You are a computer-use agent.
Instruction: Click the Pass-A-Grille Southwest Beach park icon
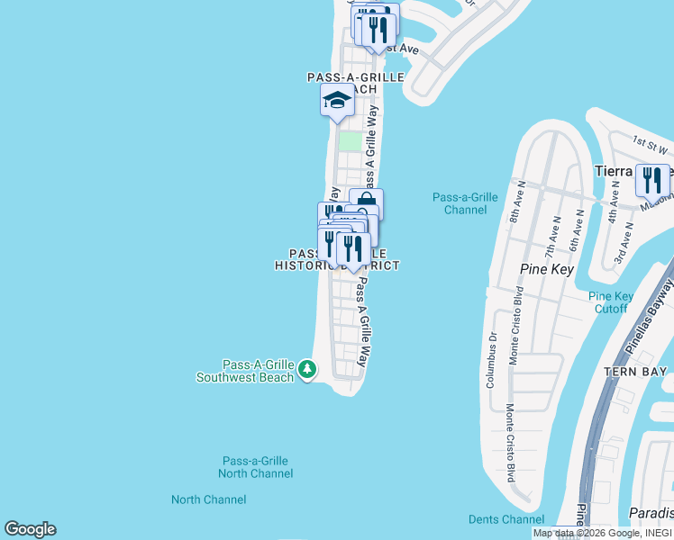[307, 369]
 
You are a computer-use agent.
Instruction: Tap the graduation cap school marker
[337, 101]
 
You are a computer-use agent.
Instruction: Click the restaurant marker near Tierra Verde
[652, 180]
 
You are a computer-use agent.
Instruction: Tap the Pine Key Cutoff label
[611, 302]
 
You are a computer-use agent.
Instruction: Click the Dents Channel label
[506, 519]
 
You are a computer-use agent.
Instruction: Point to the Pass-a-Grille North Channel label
[256, 466]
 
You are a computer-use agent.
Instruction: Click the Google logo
[30, 529]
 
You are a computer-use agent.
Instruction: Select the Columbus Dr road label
[493, 360]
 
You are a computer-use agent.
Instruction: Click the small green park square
[350, 141]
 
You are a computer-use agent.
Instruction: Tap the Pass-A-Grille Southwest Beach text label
[246, 371]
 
